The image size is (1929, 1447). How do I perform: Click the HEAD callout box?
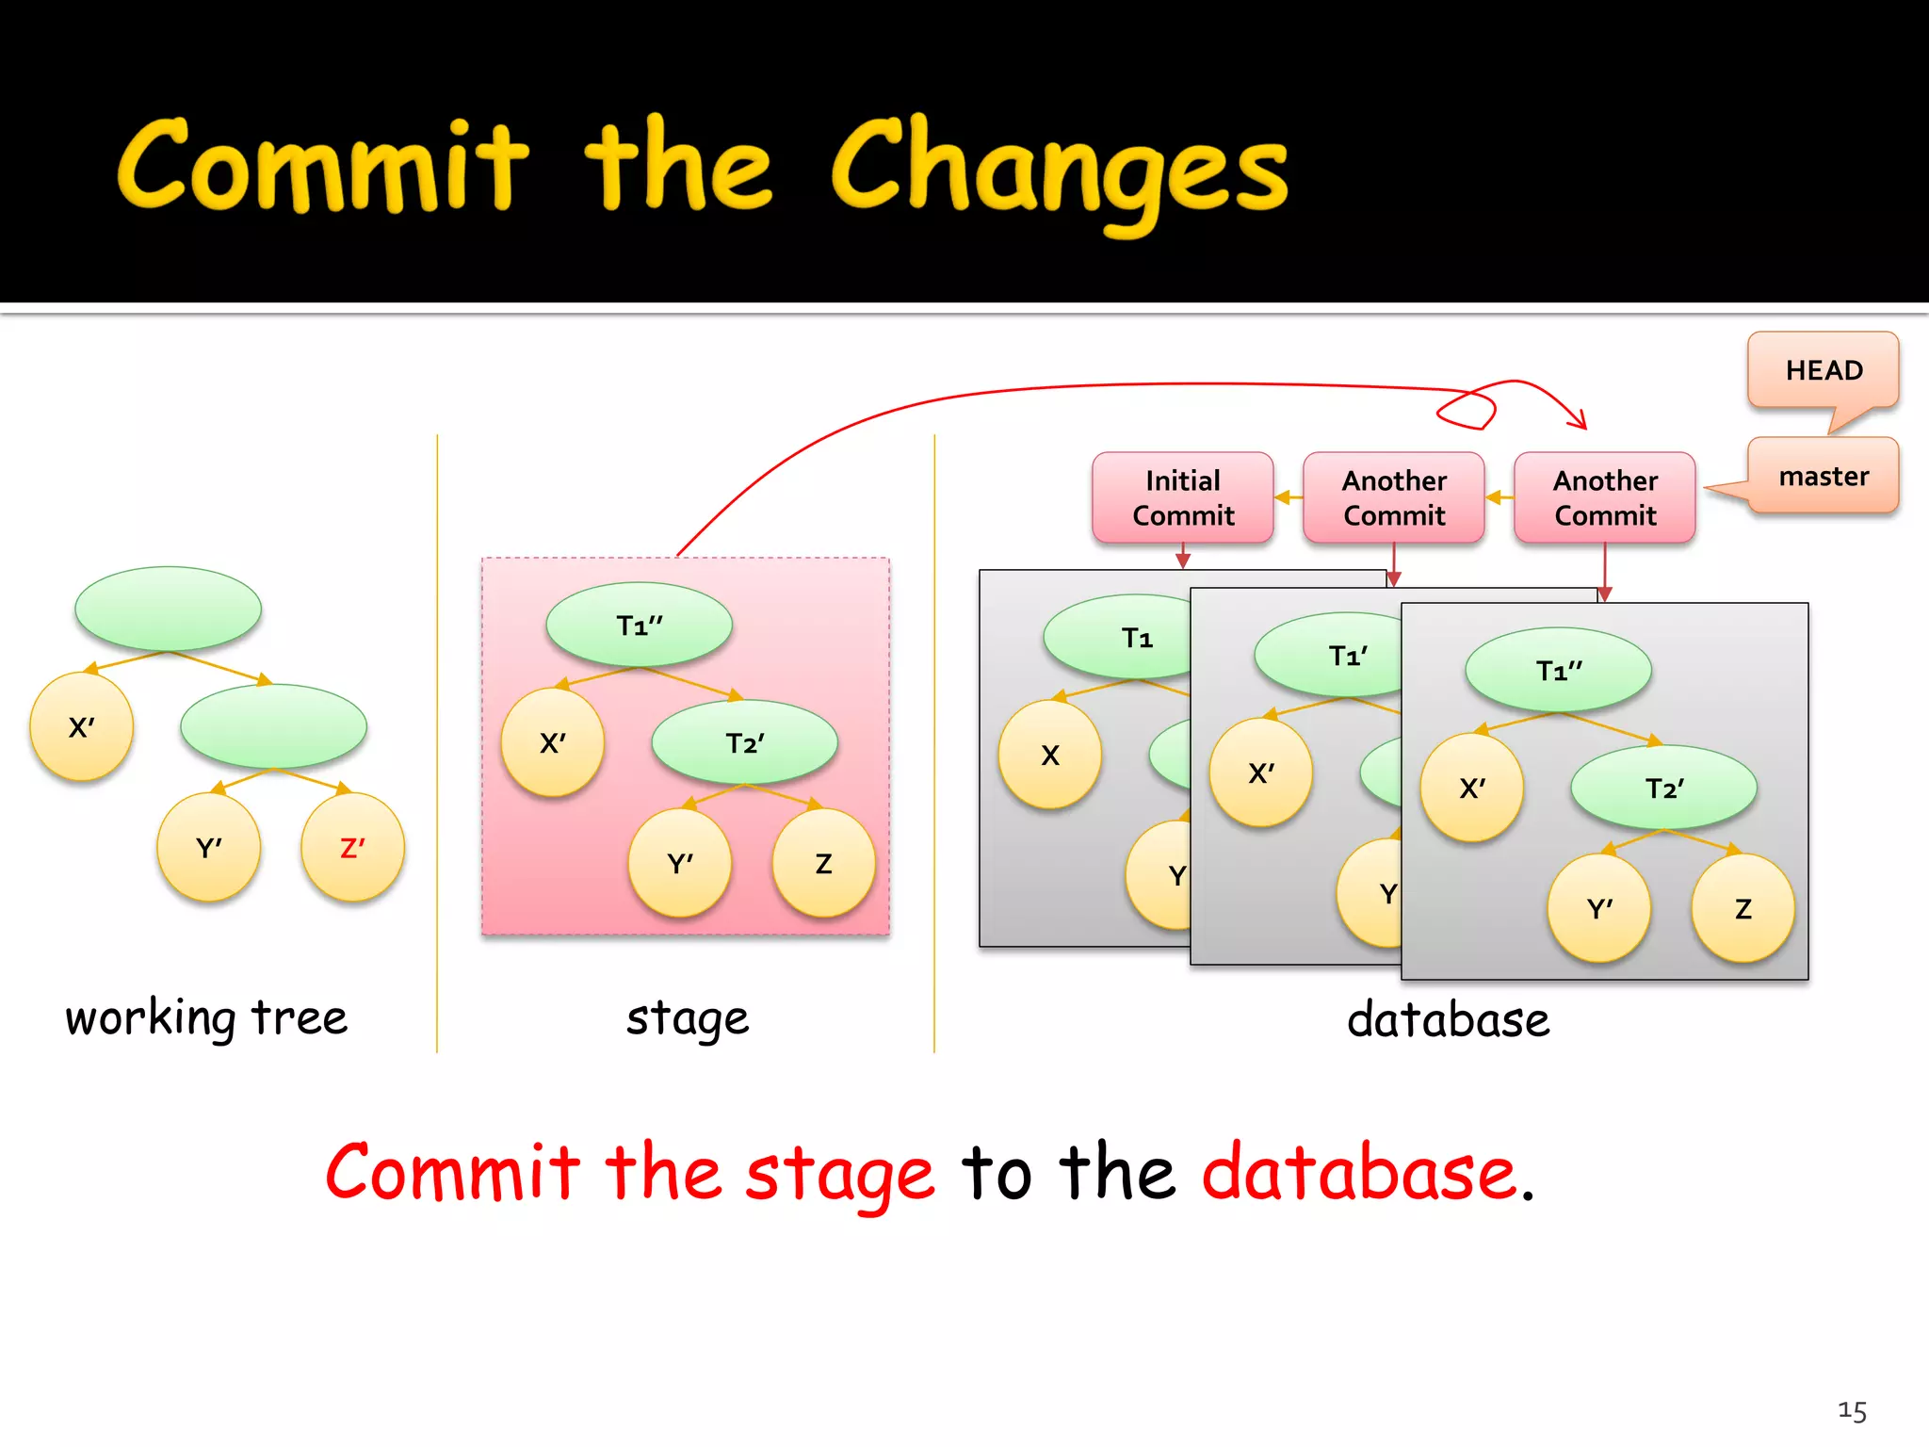point(1823,369)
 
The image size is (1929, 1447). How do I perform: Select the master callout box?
point(1823,476)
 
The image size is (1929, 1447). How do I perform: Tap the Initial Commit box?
point(1182,497)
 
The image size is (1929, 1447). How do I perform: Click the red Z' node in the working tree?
point(352,847)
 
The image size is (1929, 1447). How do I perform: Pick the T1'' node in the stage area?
point(639,625)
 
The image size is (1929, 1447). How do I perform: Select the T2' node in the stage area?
point(744,742)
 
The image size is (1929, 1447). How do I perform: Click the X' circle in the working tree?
point(81,726)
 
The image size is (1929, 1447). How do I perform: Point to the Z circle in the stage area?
point(823,863)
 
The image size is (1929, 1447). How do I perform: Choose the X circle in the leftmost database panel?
point(1049,755)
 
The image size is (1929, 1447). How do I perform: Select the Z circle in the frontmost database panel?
point(1743,908)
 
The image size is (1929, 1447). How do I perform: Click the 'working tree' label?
point(206,1018)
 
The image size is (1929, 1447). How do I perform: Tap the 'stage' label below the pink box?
point(688,1019)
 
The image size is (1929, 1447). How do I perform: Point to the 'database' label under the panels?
point(1448,1019)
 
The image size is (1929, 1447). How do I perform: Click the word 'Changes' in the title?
point(1059,170)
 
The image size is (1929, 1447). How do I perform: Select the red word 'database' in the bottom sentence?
point(1358,1173)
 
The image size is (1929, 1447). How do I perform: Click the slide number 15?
point(1852,1410)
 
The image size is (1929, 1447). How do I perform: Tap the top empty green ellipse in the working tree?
point(168,609)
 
